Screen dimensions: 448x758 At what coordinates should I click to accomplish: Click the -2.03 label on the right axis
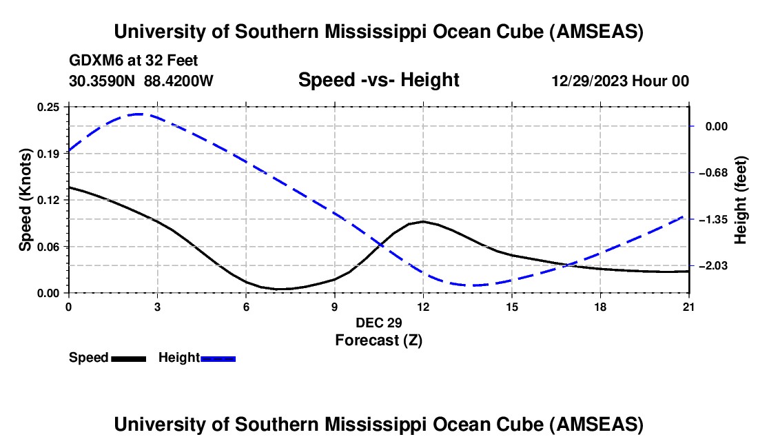coord(713,266)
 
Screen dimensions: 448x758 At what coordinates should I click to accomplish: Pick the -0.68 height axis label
coord(713,172)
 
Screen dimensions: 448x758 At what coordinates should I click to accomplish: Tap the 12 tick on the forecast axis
coord(423,305)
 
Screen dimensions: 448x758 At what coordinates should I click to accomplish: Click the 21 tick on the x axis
coord(689,305)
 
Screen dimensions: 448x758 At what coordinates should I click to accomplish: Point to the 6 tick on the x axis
coord(246,305)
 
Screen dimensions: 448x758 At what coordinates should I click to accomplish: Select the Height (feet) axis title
coord(741,200)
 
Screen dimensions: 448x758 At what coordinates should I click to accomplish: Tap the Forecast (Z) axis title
coord(378,340)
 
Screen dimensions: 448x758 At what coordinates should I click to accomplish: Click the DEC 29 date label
coord(378,323)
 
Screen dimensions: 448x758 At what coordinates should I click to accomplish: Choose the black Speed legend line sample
coord(128,358)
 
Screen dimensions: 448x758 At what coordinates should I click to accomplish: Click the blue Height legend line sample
coord(218,358)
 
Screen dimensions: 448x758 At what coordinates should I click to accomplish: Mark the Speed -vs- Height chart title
coord(378,80)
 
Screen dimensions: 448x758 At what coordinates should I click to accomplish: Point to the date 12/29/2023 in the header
coord(590,81)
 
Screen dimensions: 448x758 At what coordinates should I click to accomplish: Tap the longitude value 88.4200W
coord(178,81)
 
